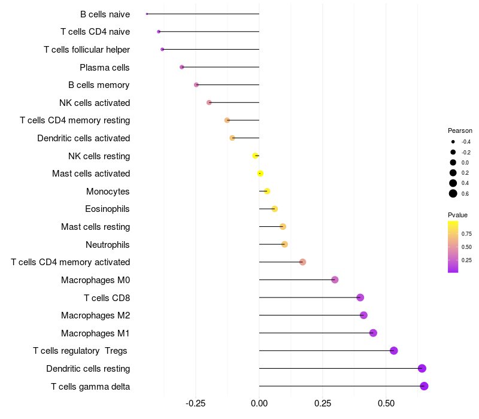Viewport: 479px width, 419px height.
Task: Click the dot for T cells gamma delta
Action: [x=424, y=386]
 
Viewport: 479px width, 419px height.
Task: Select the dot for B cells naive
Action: [x=147, y=14]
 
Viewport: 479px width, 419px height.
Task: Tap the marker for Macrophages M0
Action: [x=335, y=280]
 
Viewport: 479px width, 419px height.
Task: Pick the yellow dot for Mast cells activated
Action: [x=260, y=174]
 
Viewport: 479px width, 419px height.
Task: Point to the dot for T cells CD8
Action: [x=360, y=297]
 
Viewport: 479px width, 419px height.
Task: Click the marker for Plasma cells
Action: [x=182, y=67]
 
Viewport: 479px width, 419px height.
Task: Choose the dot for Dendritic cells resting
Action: [x=422, y=368]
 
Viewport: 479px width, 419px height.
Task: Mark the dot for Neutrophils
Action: [x=284, y=244]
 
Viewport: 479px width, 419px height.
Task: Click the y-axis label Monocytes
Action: [x=108, y=192]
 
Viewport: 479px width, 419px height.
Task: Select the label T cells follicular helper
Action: [x=87, y=50]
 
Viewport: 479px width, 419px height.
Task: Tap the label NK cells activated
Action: [x=95, y=103]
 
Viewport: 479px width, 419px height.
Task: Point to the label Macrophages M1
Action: [x=95, y=333]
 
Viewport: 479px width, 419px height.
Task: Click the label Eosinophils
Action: [x=107, y=209]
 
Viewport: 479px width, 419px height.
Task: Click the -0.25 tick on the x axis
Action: [x=196, y=404]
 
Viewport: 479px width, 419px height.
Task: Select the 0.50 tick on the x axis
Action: [x=386, y=404]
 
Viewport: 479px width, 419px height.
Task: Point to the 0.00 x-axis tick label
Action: [x=259, y=404]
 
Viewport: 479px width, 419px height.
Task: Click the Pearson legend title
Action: [x=460, y=130]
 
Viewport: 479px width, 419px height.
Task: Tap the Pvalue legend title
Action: [x=457, y=215]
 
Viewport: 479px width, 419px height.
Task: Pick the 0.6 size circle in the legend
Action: [x=453, y=193]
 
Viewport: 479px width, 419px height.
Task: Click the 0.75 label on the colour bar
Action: [x=466, y=234]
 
